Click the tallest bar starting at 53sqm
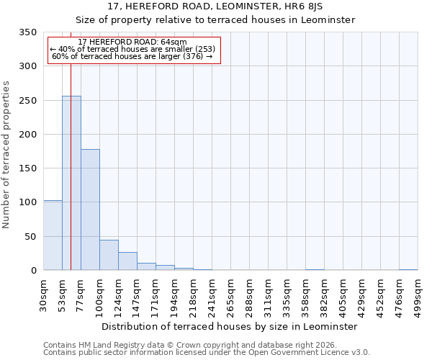click(71, 183)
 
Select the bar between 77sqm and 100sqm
click(90, 210)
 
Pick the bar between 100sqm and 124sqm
click(109, 255)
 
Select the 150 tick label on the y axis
click(27, 168)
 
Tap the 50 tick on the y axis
click(30, 237)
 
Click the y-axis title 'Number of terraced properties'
click(6, 154)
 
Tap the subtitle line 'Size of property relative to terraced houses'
click(215, 19)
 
